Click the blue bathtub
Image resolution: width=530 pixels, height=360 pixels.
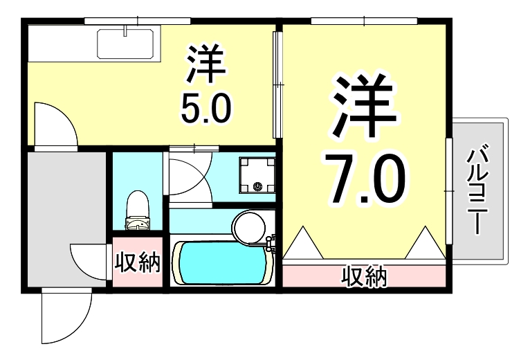[x=221, y=261]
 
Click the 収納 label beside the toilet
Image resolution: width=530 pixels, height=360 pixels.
[x=137, y=263]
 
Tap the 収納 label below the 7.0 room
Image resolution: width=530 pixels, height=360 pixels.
[x=363, y=278]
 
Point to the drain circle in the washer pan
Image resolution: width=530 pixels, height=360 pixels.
[x=258, y=186]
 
